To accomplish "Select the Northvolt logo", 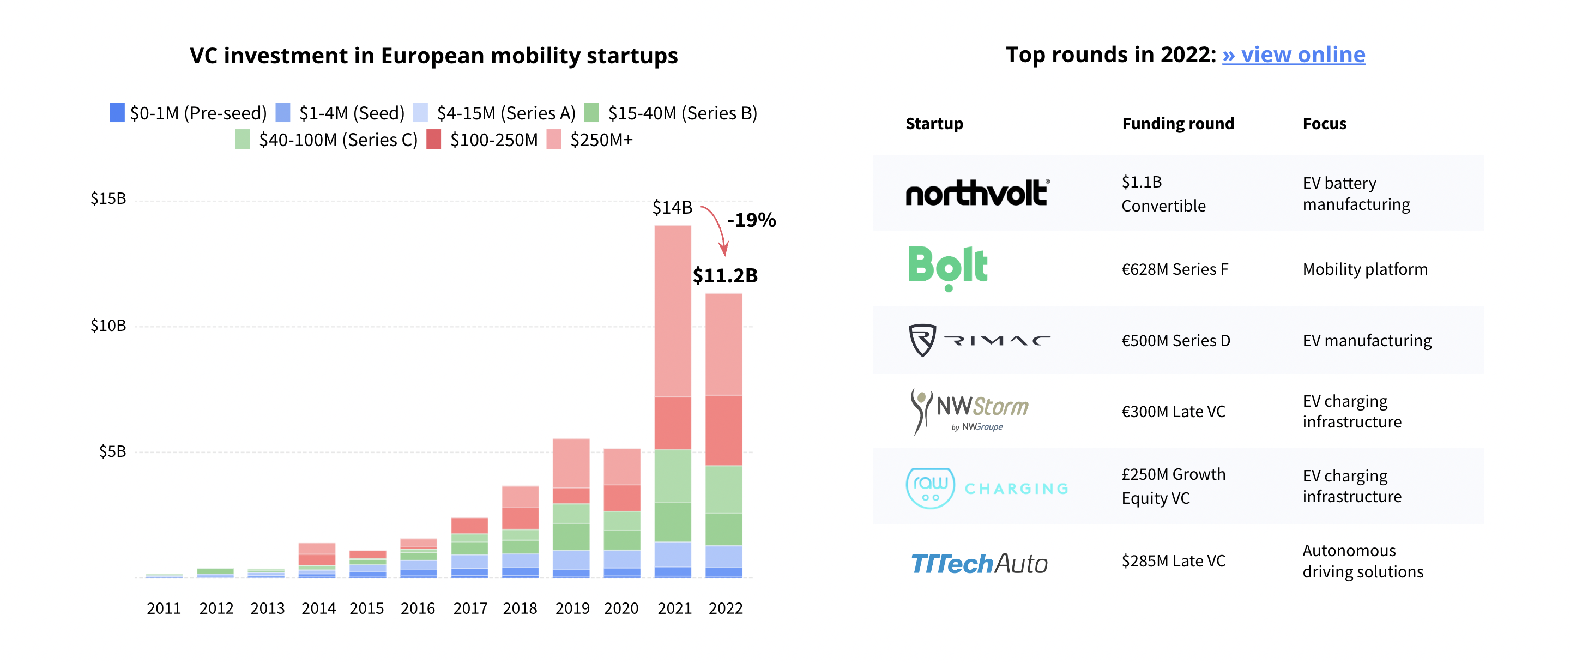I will tap(977, 193).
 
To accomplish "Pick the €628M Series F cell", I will tap(1174, 269).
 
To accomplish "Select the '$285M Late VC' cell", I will tap(1173, 560).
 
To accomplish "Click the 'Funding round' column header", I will tap(1177, 124).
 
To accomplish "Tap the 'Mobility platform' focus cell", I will tap(1364, 269).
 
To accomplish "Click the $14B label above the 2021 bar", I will tap(672, 208).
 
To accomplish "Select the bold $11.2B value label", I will tap(724, 275).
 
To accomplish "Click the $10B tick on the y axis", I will tap(108, 326).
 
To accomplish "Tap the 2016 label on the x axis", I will tap(418, 608).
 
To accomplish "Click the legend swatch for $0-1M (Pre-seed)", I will tap(117, 113).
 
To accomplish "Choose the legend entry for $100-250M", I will tap(482, 140).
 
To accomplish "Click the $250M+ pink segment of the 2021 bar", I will tap(672, 311).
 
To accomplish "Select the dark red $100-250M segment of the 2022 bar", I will tap(723, 430).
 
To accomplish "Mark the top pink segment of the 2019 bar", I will tap(571, 463).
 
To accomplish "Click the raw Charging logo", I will tap(987, 488).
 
